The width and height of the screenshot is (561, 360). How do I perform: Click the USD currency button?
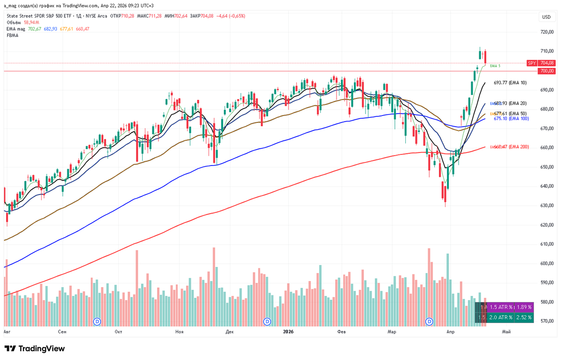[x=546, y=17]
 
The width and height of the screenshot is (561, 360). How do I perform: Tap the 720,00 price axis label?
[x=547, y=32]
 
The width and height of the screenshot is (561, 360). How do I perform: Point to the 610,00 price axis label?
[x=547, y=244]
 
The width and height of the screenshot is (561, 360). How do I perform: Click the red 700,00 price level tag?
[x=547, y=71]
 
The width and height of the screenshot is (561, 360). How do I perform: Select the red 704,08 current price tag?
[x=547, y=63]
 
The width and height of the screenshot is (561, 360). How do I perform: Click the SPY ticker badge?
[x=532, y=63]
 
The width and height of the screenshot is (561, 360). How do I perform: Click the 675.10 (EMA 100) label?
[x=512, y=118]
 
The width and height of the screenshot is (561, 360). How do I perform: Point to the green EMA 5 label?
[x=495, y=66]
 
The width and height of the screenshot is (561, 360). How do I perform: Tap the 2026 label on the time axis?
[x=288, y=332]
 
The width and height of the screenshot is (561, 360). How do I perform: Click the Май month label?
[x=506, y=332]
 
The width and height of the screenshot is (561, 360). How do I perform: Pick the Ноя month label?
[x=179, y=332]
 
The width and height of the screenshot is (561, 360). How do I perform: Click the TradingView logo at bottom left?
[x=35, y=349]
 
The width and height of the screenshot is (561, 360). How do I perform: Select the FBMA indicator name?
[x=13, y=35]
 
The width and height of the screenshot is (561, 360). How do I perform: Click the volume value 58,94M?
[x=32, y=22]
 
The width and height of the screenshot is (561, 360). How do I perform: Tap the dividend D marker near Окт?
[x=97, y=321]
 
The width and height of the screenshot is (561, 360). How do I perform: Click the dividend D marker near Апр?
[x=430, y=321]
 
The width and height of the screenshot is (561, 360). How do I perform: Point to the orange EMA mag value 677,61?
[x=67, y=29]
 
